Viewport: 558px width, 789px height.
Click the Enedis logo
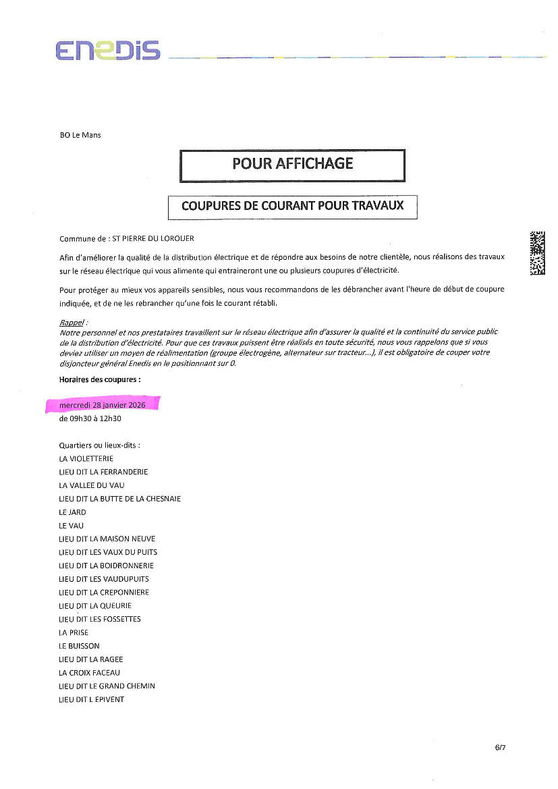coord(108,51)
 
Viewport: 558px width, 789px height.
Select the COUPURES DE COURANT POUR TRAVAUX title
coord(292,206)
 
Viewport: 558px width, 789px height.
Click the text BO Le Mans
coord(80,135)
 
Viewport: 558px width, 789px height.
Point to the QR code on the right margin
coord(537,252)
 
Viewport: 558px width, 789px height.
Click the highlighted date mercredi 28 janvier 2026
coord(102,405)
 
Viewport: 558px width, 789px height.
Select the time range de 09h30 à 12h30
coord(90,418)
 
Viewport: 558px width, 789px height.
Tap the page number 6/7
coord(500,747)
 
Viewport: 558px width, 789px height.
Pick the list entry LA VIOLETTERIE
coord(86,458)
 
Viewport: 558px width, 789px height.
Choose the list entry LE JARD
coord(72,512)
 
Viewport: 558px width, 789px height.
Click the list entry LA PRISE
coord(74,632)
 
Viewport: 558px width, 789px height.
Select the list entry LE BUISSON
coord(79,646)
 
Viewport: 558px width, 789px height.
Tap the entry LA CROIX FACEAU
coord(89,673)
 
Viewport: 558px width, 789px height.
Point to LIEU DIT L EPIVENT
coord(92,699)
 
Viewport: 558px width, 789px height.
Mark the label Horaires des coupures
coord(100,379)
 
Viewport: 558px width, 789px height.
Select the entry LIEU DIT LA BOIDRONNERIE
coord(107,566)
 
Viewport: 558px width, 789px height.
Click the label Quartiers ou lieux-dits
coord(99,445)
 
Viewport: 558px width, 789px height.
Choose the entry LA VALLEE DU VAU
coord(92,485)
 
